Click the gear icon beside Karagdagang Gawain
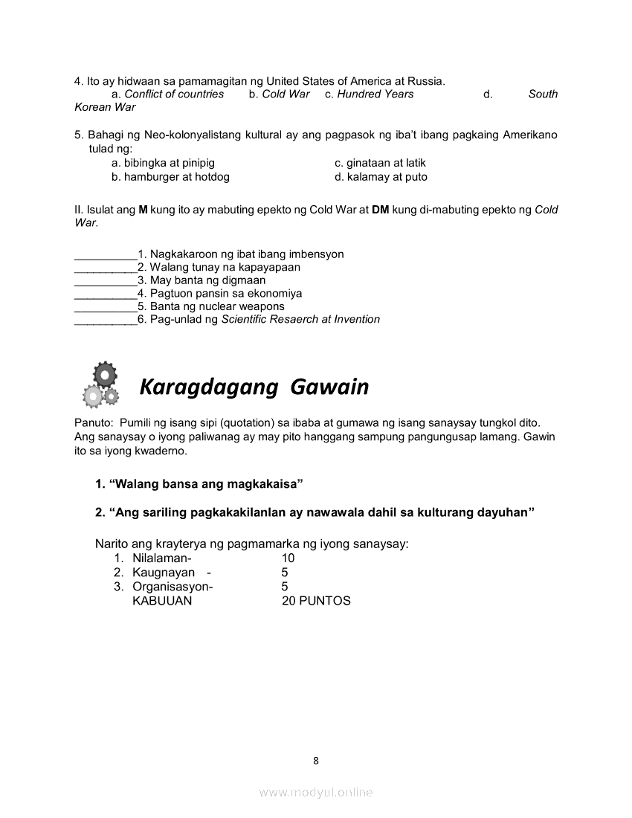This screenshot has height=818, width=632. pyautogui.click(x=97, y=384)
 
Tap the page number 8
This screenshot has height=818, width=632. pyautogui.click(x=316, y=760)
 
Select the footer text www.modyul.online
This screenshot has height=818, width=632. pyautogui.click(x=316, y=793)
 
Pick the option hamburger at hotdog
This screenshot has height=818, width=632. pyautogui.click(x=170, y=177)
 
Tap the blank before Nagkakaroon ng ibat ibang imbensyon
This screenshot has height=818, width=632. pyautogui.click(x=106, y=255)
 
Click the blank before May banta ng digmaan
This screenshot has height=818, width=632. pyautogui.click(x=106, y=281)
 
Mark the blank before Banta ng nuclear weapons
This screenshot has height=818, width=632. pyautogui.click(x=106, y=307)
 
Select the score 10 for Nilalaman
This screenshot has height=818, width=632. pyautogui.click(x=288, y=558)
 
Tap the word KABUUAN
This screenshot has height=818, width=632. pyautogui.click(x=161, y=601)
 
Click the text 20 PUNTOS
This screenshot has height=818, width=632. pyautogui.click(x=316, y=601)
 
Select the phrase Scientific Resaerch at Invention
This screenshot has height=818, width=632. pyautogui.click(x=300, y=320)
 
